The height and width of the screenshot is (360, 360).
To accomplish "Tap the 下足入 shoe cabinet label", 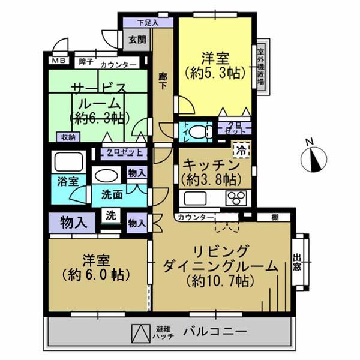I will tap(147, 23).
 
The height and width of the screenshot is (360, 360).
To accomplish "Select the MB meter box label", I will tap(58, 61).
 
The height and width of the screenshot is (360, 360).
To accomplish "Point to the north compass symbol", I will tap(314, 157).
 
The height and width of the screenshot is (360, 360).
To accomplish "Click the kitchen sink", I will tap(196, 198).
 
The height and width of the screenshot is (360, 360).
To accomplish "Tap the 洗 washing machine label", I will tap(111, 215).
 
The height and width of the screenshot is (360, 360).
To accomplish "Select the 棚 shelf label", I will tap(274, 216).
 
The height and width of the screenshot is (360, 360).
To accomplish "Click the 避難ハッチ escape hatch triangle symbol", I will tap(139, 332).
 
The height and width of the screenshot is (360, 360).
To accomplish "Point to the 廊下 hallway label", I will tap(162, 82).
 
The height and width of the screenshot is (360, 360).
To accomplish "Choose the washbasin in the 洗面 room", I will tap(107, 176).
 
